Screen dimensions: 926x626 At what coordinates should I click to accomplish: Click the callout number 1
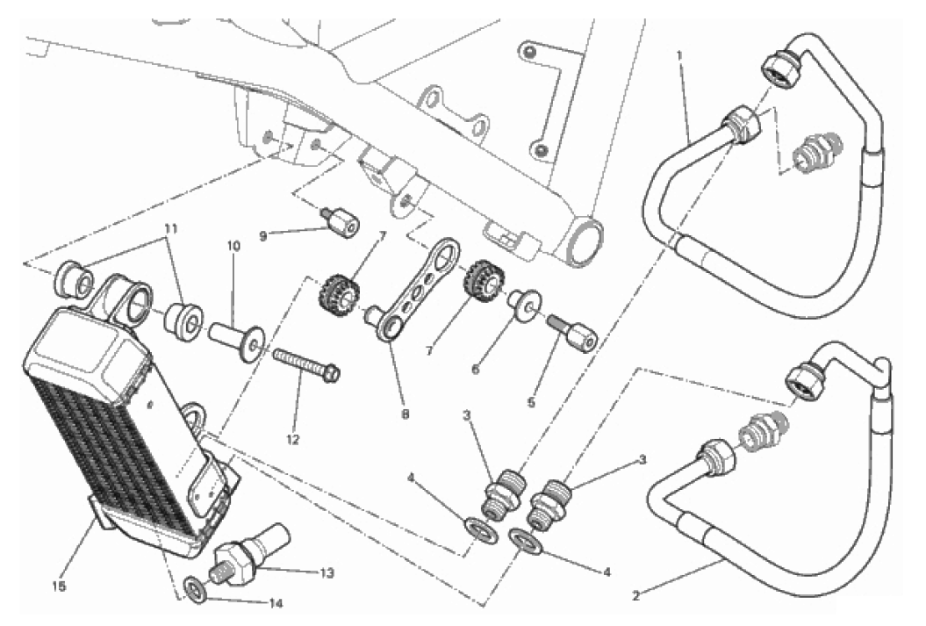pos(679,54)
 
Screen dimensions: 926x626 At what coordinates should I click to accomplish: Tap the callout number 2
pos(635,596)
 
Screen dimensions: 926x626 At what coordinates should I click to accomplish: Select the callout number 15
pos(59,586)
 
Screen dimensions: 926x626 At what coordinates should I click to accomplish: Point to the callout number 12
pos(293,439)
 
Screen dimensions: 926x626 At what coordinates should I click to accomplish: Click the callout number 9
pos(263,237)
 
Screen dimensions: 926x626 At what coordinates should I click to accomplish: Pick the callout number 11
pos(171,228)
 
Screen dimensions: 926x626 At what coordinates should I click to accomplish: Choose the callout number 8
pos(405,414)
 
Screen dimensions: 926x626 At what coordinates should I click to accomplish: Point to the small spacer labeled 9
pos(341,223)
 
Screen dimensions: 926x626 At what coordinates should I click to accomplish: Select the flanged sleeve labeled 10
pos(236,342)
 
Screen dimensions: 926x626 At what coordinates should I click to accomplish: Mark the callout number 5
pos(531,402)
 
